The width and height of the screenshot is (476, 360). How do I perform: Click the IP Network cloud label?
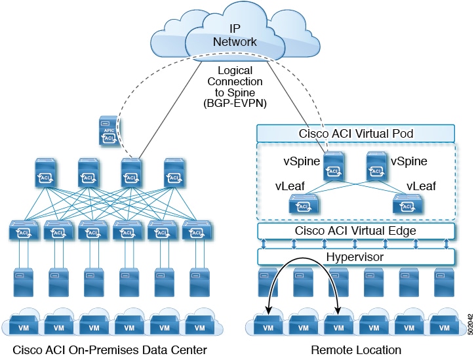(x=235, y=35)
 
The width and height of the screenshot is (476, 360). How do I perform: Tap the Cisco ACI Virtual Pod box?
(x=355, y=133)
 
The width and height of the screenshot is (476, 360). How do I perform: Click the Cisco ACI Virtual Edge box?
(x=355, y=230)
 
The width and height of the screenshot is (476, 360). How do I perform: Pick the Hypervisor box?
(x=355, y=257)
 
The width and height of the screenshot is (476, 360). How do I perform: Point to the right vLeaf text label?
(x=421, y=186)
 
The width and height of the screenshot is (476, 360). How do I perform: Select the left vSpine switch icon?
(x=332, y=167)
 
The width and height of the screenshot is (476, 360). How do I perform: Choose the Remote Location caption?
(x=356, y=350)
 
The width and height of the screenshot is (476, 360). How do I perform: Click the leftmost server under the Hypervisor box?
(x=268, y=282)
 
